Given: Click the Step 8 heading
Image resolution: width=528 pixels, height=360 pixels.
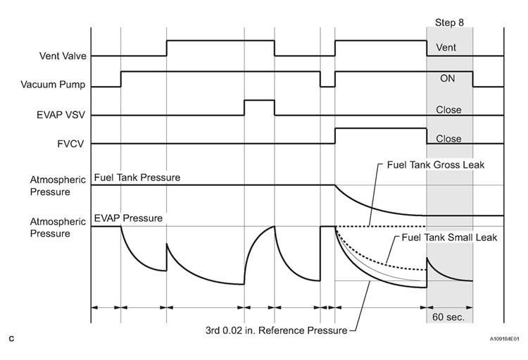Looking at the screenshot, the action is pos(449,23).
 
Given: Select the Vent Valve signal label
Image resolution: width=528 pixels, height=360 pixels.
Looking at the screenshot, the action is pos(63,56).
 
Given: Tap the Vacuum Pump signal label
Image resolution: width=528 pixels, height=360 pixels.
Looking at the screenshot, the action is pos(53,85).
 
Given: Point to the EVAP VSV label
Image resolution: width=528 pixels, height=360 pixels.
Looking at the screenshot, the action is pos(61,115).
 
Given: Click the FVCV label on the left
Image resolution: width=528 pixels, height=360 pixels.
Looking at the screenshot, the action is pos(70,144).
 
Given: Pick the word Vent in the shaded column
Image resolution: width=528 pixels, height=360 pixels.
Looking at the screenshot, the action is pos(446,47).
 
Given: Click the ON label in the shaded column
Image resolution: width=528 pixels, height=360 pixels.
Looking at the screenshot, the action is pos(447,78).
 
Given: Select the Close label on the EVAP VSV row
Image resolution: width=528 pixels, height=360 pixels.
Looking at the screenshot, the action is pos(448,110).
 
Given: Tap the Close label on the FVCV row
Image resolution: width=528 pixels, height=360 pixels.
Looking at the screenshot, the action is pos(448,139).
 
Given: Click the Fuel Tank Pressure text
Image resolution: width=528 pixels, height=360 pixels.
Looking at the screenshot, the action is pos(137,178).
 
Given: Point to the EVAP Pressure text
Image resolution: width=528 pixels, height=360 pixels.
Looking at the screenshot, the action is pos(128,218).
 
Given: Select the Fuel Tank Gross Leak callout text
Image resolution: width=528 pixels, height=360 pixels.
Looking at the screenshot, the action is pos(436,165).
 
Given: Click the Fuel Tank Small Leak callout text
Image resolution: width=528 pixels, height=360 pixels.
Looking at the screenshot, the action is pos(449,237).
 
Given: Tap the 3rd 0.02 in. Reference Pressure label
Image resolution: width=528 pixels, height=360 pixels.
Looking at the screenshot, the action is pos(276,330).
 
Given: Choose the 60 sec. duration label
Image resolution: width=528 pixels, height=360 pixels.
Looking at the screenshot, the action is pos(448,317).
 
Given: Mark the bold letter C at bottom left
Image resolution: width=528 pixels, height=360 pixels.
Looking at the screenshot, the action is pos(11,339).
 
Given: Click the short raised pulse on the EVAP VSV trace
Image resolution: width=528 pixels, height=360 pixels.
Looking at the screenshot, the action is pos(259,101).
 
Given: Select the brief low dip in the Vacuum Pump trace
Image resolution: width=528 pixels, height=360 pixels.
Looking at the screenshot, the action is pos(327,87).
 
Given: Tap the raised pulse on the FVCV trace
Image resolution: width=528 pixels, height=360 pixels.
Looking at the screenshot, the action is pos(381,128).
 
